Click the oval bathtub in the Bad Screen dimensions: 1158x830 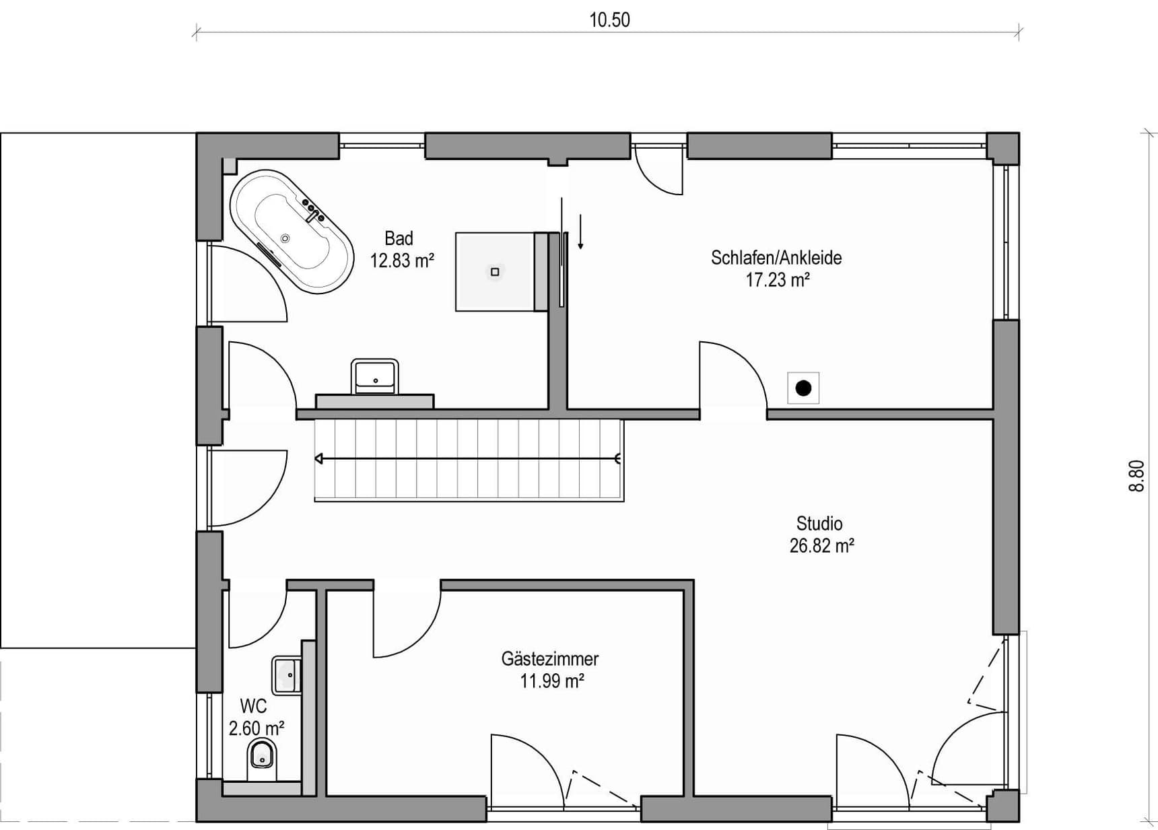[x=292, y=232]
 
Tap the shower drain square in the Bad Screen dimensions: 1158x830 [x=495, y=272]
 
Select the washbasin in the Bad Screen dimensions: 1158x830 [x=374, y=376]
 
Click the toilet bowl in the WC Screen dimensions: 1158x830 [x=262, y=759]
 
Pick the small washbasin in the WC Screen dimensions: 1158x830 [x=286, y=675]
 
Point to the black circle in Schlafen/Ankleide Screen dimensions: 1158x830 [x=803, y=388]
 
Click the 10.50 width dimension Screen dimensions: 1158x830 [x=609, y=20]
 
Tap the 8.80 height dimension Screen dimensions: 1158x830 [x=1136, y=476]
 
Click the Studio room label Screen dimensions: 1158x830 [x=819, y=523]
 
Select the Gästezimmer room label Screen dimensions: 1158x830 [x=550, y=658]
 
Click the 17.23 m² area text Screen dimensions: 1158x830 [x=777, y=280]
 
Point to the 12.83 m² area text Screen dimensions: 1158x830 [x=402, y=261]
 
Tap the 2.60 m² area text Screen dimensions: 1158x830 [x=256, y=728]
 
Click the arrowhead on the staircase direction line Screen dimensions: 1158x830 [x=319, y=459]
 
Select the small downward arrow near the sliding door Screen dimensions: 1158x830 [x=580, y=232]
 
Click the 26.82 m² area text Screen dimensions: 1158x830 [x=822, y=546]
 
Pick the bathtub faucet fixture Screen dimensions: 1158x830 [x=313, y=211]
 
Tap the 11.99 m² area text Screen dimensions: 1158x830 [x=551, y=681]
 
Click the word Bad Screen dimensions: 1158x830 [x=399, y=238]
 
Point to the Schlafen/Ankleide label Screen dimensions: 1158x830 [x=776, y=258]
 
